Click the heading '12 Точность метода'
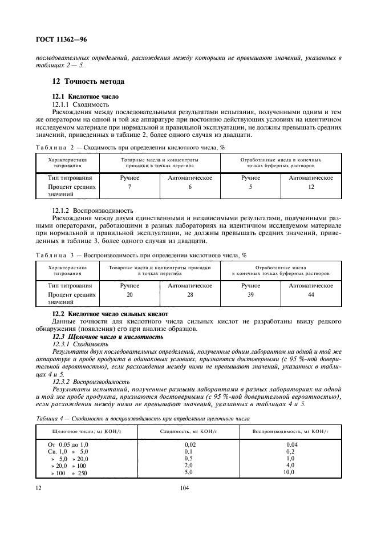[x=84, y=82]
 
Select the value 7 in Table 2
[x=130, y=187]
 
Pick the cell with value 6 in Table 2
[x=190, y=187]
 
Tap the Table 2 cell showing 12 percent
[x=311, y=187]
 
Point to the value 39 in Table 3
[x=250, y=294]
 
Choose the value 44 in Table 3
[x=311, y=294]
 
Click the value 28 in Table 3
[x=190, y=294]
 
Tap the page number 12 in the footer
[x=38, y=488]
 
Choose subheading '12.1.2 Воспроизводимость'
[x=92, y=210]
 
